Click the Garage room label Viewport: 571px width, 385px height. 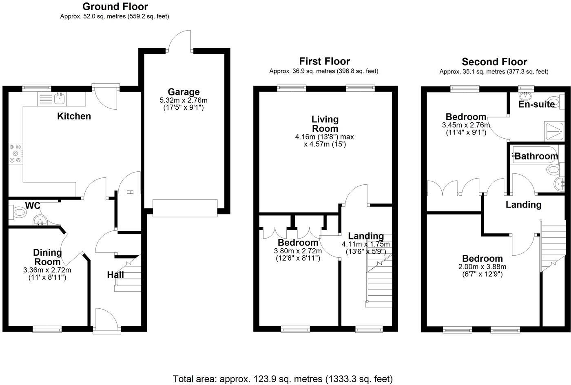pyautogui.click(x=184, y=92)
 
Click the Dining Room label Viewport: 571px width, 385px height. pyautogui.click(x=47, y=257)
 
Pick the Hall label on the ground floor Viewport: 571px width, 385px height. pyautogui.click(x=115, y=275)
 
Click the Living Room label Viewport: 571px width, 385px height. pyautogui.click(x=325, y=124)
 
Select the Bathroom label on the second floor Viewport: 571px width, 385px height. pyautogui.click(x=536, y=156)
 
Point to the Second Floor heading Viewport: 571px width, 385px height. pyautogui.click(x=494, y=62)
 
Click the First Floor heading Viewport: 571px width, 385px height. pyautogui.click(x=325, y=61)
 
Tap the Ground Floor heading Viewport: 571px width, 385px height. pyautogui.click(x=115, y=7)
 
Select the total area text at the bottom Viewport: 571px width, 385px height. pyautogui.click(x=283, y=379)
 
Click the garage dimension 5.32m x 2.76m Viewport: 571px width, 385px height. pyautogui.click(x=184, y=100)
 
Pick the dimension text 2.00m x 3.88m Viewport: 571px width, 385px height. pyautogui.click(x=482, y=267)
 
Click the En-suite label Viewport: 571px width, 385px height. pyautogui.click(x=536, y=104)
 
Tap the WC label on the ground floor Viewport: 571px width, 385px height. pyautogui.click(x=32, y=205)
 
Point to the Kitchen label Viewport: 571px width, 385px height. pyautogui.click(x=74, y=116)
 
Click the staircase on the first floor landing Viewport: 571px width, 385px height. pyautogui.click(x=379, y=277)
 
